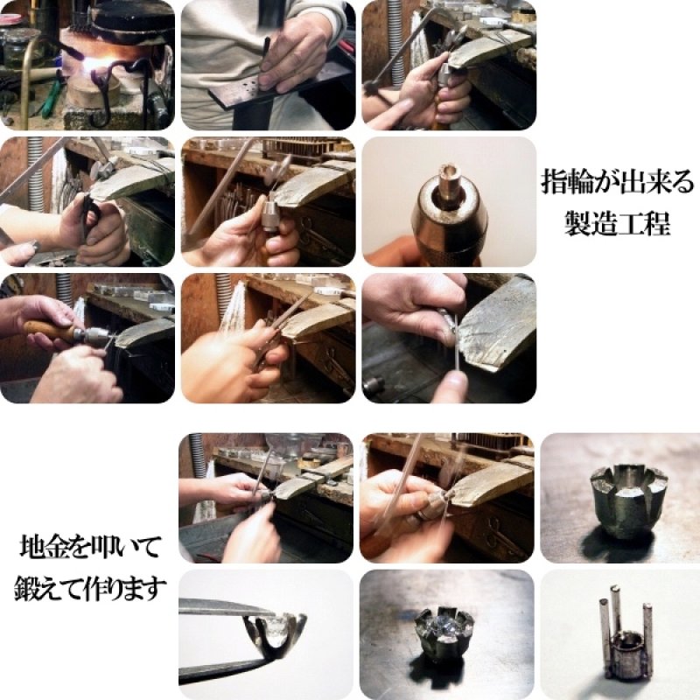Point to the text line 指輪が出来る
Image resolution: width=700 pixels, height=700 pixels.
tap(616, 185)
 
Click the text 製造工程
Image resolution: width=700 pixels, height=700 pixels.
tap(616, 224)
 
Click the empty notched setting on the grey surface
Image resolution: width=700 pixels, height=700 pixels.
tap(628, 499)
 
